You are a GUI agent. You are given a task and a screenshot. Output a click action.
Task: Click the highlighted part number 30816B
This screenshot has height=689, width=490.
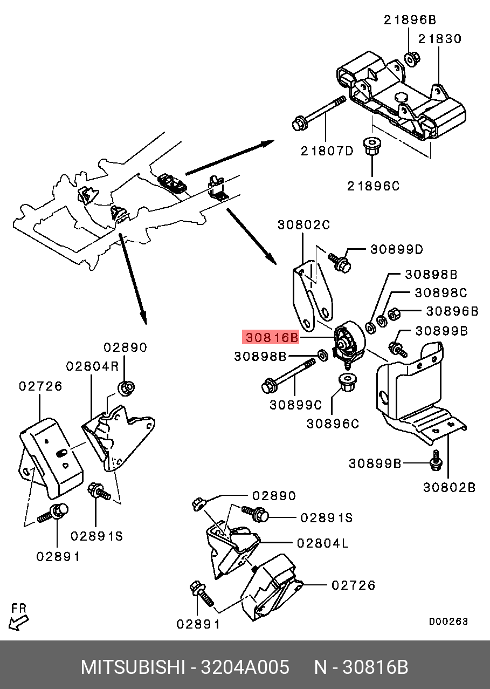point(271,338)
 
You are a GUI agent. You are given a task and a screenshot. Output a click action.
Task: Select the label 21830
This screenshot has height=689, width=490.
point(440,39)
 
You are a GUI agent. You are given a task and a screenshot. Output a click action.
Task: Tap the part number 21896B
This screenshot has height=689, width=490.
point(410,20)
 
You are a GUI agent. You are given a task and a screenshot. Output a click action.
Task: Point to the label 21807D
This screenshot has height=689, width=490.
point(327,151)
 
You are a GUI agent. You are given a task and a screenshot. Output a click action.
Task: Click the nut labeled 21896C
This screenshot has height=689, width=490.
point(370,146)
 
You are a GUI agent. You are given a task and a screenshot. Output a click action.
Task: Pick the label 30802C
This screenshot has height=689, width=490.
point(303,225)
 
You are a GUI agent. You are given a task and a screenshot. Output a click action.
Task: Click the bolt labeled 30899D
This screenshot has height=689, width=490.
point(340,262)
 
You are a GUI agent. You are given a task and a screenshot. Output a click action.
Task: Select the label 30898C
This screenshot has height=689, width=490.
point(440,292)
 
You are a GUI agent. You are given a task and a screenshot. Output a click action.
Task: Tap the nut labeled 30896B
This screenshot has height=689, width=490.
point(394,313)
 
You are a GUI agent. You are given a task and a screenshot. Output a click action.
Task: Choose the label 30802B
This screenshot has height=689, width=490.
point(449,487)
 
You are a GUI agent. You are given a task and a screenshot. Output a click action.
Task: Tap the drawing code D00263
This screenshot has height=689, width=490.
point(448,622)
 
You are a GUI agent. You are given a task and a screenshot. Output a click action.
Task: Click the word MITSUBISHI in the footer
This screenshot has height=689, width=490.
point(132,667)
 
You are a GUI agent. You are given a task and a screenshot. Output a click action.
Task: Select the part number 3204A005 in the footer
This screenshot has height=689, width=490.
point(245,667)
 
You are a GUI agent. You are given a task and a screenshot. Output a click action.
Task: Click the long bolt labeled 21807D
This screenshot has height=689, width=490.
point(318,112)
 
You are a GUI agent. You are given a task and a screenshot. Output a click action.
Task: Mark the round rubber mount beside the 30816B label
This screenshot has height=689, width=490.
point(348,342)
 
